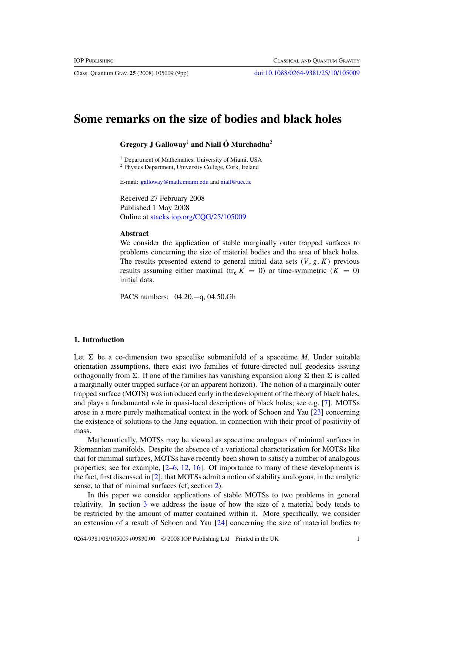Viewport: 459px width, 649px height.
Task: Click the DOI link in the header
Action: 307,73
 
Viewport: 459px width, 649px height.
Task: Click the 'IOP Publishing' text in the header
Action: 94,61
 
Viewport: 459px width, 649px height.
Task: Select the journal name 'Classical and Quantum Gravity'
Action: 316,61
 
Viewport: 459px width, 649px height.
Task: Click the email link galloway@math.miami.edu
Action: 174,182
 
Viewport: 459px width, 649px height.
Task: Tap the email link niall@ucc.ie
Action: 236,182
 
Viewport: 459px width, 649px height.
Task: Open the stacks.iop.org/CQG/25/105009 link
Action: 198,217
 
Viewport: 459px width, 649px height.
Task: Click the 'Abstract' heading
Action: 134,233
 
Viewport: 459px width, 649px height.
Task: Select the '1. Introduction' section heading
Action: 99,339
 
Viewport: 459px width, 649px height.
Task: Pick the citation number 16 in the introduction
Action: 197,468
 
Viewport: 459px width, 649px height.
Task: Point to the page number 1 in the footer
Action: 358,539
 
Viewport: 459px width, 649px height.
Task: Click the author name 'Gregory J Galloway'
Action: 153,145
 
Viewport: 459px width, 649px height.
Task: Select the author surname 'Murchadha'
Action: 250,145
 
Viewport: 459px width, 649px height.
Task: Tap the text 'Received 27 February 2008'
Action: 162,199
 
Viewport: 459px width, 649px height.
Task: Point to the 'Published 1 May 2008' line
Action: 154,208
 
